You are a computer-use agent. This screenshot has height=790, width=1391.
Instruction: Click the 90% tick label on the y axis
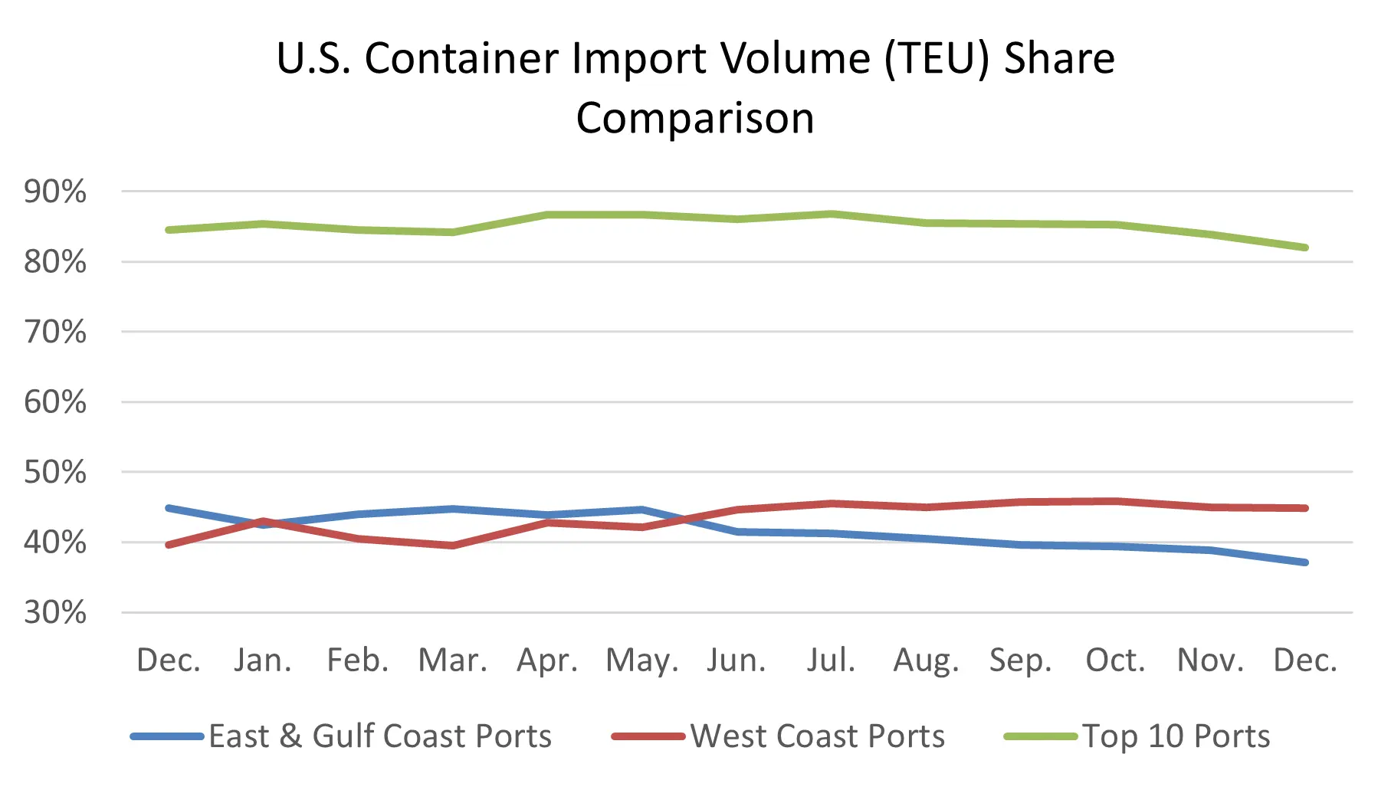(55, 192)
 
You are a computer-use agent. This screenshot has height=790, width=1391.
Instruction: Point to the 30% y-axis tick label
(55, 613)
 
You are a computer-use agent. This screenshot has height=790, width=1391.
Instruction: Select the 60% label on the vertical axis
(55, 402)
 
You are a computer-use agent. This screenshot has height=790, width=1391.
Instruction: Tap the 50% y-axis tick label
(55, 473)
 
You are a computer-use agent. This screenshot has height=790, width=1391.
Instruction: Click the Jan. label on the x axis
(263, 660)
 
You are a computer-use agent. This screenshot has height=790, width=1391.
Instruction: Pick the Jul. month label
(831, 660)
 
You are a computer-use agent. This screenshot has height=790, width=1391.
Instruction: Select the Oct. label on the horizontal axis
(1115, 660)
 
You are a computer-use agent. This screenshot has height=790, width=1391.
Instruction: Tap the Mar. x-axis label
(452, 660)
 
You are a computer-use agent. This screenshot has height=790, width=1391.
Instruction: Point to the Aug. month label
(926, 661)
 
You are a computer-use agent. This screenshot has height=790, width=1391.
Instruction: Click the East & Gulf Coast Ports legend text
(380, 736)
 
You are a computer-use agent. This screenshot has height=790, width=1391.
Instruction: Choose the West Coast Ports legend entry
(818, 736)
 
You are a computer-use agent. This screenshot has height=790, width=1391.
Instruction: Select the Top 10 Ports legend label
(1176, 736)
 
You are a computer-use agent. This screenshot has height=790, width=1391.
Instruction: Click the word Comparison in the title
(695, 118)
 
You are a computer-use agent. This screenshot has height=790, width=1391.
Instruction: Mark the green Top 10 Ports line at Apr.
(547, 215)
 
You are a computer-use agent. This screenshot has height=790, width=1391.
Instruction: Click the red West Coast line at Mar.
(452, 546)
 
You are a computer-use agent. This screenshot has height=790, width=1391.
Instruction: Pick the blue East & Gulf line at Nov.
(1210, 550)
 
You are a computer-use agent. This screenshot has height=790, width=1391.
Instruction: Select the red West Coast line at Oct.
(1115, 502)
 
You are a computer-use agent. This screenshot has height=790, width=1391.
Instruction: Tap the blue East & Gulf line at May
(642, 510)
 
